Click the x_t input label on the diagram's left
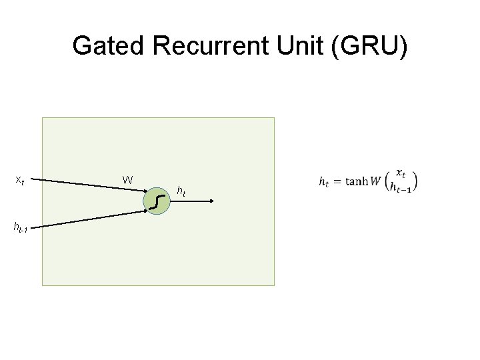click(20, 179)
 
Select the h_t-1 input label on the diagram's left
click(19, 227)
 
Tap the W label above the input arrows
click(128, 179)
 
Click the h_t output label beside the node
click(181, 192)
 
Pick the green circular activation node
click(157, 200)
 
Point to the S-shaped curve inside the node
click(157, 200)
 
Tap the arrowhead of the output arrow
click(210, 201)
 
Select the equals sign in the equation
click(337, 181)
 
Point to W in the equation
click(376, 181)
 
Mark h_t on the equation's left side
click(324, 181)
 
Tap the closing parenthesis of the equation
click(416, 181)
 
